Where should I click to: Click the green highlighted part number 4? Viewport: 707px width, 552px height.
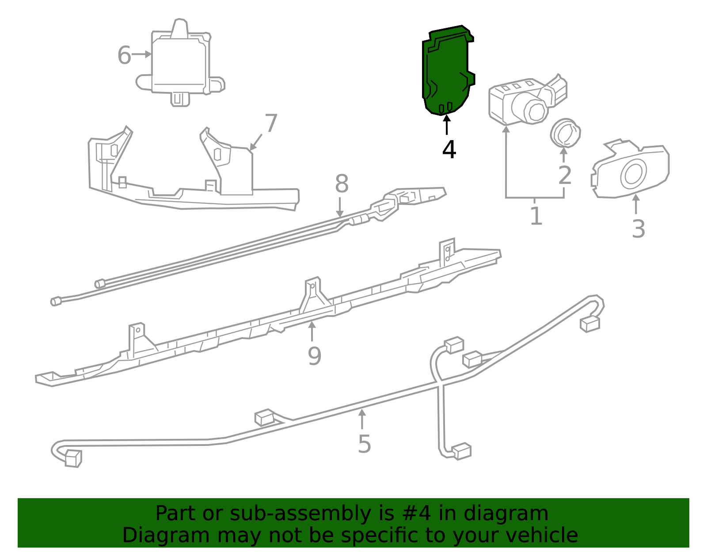click(x=446, y=71)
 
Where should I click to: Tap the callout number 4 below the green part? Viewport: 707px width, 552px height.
click(x=449, y=150)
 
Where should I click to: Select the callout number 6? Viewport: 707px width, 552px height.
click(x=124, y=56)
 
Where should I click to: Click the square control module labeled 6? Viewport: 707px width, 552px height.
click(x=179, y=62)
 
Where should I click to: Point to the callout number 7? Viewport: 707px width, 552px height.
click(x=270, y=123)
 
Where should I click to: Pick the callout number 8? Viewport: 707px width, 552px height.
click(x=342, y=184)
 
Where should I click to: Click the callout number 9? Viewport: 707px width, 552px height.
click(x=314, y=356)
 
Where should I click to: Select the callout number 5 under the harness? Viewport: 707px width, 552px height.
click(x=364, y=444)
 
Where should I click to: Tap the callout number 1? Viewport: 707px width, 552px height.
click(x=536, y=216)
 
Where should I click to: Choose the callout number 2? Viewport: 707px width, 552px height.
click(x=565, y=175)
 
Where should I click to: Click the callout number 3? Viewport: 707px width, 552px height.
click(x=638, y=229)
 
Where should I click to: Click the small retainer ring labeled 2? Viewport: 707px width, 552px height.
click(x=565, y=133)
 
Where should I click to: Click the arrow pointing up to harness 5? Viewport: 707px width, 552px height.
click(x=362, y=418)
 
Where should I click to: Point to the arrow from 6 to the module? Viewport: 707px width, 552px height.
click(x=142, y=54)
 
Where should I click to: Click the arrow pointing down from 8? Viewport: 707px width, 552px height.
click(x=339, y=208)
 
